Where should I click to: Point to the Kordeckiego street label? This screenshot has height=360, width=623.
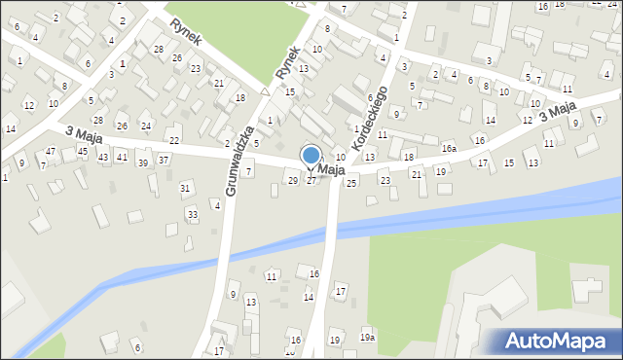[371, 117]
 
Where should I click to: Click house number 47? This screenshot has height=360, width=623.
[51, 151]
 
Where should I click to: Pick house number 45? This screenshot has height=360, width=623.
[83, 151]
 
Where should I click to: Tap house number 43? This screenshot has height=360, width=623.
[103, 157]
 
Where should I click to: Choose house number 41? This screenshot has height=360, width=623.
[122, 156]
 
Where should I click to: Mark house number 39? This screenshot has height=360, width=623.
[142, 162]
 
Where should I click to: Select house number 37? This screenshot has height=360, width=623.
[164, 160]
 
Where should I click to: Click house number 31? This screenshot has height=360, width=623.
[185, 187]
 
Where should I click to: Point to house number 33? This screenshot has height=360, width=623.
[192, 214]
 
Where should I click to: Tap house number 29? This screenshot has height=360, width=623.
[293, 180]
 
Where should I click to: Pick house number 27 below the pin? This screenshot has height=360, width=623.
[311, 181]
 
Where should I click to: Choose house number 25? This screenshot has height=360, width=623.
[351, 182]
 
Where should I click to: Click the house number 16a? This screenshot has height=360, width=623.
[448, 149]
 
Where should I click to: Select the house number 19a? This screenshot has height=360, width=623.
[366, 337]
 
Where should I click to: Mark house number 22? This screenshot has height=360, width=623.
[173, 141]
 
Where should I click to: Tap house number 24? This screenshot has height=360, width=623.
[145, 126]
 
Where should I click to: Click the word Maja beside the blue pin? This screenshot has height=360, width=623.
[332, 170]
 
